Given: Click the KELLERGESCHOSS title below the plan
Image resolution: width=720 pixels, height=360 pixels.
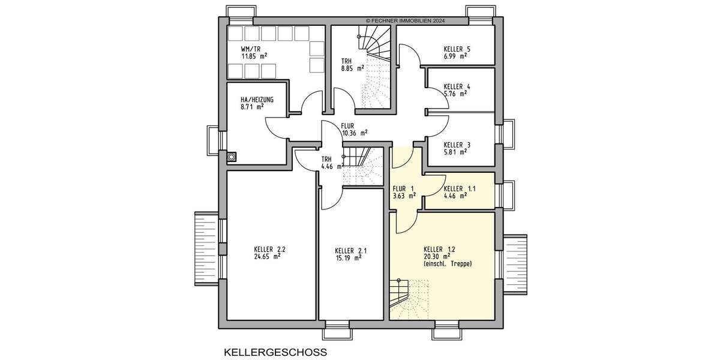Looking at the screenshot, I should [x=275, y=352].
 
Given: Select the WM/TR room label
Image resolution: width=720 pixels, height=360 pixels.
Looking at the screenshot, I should [x=251, y=49].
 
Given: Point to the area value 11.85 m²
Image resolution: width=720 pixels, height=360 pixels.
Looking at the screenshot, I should [x=254, y=56].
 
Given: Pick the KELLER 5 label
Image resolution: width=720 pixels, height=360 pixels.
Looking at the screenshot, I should [x=457, y=49].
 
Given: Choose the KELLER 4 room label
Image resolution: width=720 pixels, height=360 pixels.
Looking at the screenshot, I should [x=457, y=86].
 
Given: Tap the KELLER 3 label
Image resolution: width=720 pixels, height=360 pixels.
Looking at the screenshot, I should [x=457, y=145].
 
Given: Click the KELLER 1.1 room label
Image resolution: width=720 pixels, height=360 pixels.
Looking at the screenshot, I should [x=460, y=188].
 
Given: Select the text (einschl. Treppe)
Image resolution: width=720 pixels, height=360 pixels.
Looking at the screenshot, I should [x=447, y=263].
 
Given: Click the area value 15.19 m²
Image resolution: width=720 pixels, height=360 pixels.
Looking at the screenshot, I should [x=349, y=258].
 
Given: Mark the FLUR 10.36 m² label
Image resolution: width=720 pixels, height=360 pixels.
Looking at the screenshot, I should [x=354, y=130].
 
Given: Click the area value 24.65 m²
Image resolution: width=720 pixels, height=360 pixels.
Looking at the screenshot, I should [x=268, y=256].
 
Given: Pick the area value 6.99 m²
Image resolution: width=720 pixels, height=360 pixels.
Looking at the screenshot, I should [x=455, y=56].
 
